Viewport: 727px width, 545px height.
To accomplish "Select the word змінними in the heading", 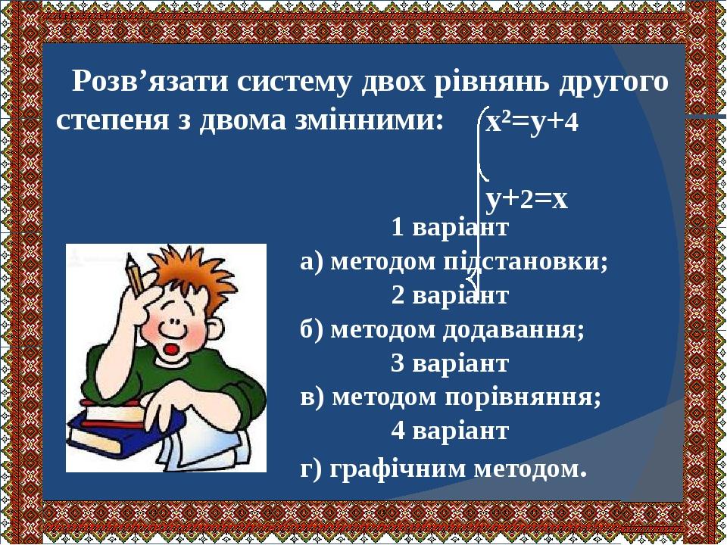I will coord(370,121).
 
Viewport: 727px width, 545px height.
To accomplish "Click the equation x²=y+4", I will coord(532,121).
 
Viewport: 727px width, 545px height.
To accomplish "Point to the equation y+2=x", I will coord(527,198).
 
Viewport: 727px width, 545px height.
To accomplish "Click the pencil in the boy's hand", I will coord(136,277).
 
